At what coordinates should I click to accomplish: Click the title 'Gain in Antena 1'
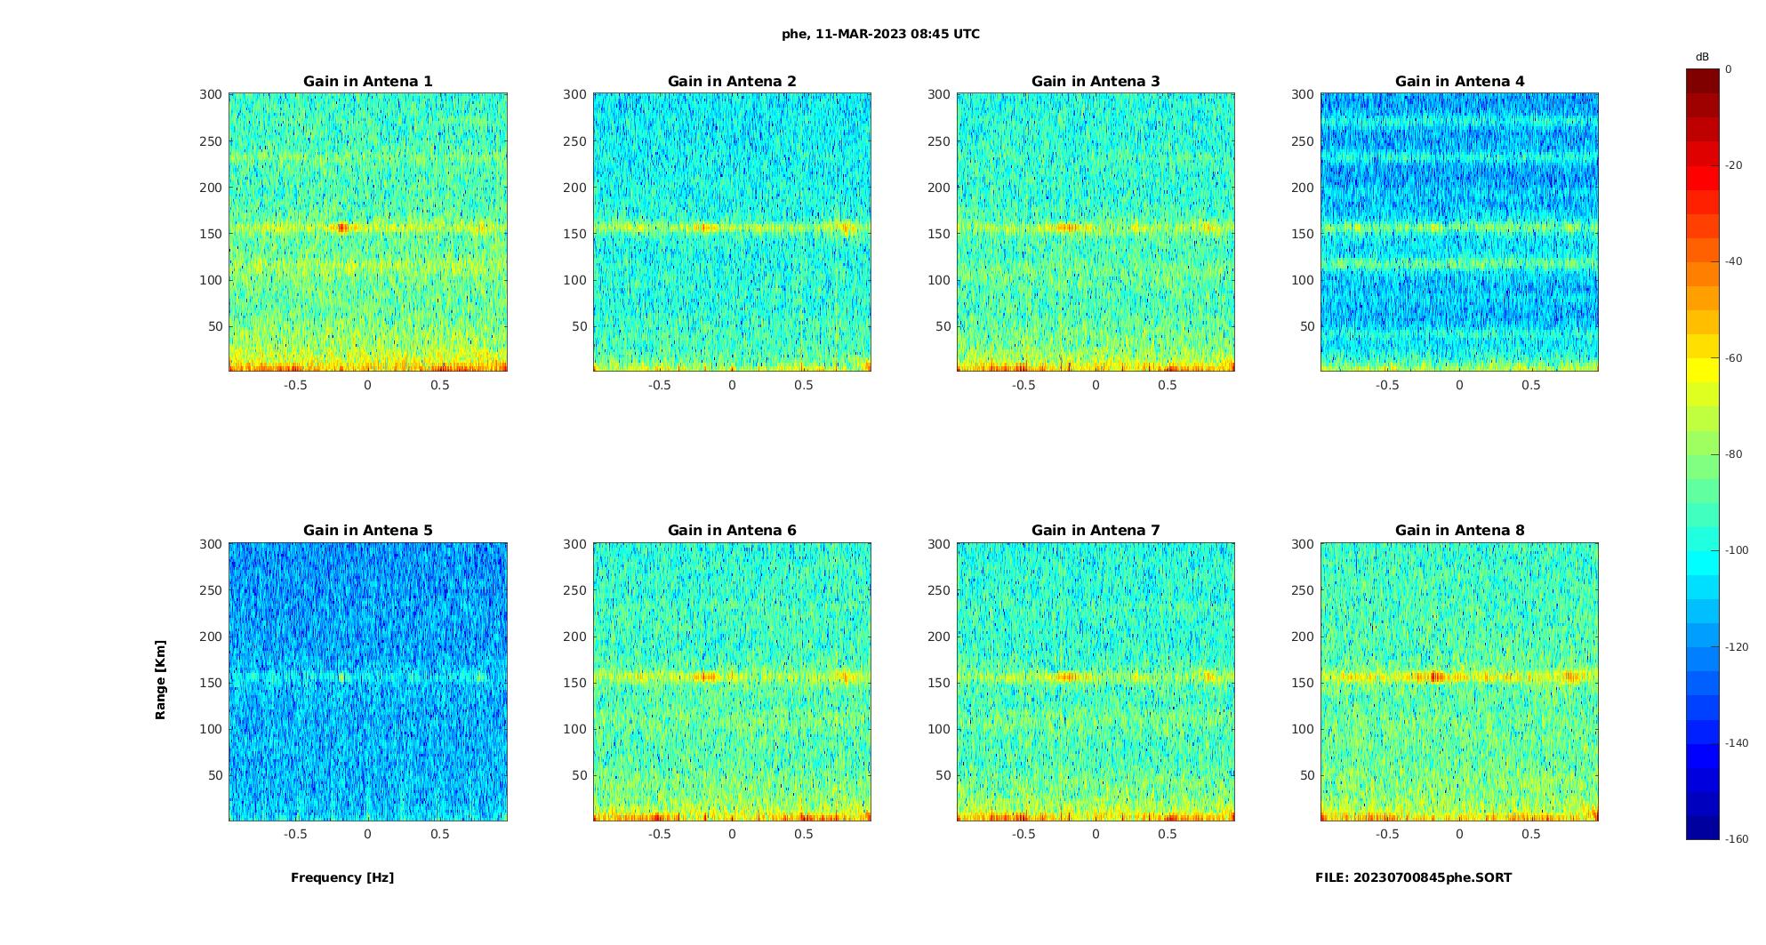368,82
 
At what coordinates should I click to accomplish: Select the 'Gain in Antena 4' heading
1459,82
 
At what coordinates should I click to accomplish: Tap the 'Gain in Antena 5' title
368,531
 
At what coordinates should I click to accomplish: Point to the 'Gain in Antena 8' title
1459,531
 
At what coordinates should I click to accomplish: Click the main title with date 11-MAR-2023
880,35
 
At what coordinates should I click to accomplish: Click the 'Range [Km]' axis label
161,680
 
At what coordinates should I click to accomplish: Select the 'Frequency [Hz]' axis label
342,877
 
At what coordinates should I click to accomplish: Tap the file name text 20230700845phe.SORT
1413,877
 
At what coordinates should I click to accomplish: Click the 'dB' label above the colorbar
1702,57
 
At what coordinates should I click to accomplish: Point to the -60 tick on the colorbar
1733,358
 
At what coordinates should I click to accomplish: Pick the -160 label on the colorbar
1736,839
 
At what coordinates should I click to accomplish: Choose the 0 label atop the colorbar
1729,69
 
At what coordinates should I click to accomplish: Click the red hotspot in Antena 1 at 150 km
342,228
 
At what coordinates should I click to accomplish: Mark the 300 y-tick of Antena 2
575,94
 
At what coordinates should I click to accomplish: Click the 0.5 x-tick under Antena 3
1168,385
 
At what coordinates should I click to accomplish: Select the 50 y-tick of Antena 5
216,775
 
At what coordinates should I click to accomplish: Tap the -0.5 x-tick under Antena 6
660,834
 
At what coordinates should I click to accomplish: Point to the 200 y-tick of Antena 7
939,637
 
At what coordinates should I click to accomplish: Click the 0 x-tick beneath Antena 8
1459,834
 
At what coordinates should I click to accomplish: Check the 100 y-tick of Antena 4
1303,280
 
